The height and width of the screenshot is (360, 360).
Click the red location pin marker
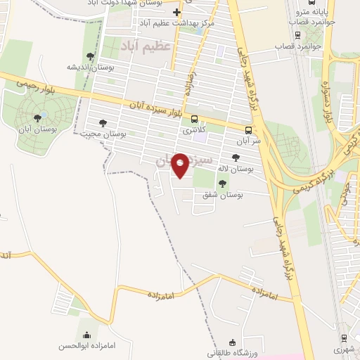pos(181,165)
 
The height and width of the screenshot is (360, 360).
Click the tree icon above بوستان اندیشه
pos(89,56)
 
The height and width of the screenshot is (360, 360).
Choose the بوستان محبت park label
pos(103,133)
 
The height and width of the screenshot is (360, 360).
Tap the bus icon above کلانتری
pos(194,120)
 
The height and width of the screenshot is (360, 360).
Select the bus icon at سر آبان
pos(248,129)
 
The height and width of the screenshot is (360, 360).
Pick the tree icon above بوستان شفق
pos(223,184)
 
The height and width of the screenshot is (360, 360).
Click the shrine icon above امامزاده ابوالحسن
pos(86,334)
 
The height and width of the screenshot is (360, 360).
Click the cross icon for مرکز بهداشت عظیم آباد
pos(177,13)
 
